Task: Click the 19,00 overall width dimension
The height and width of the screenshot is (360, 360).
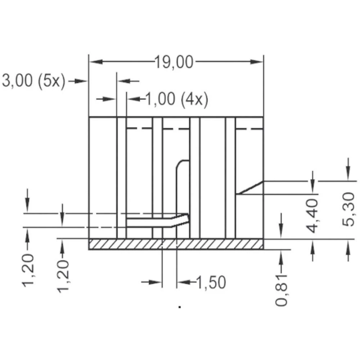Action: [x=174, y=62]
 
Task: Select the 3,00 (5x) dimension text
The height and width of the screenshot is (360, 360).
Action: [x=33, y=81]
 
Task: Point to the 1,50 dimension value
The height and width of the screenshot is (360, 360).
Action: [x=211, y=283]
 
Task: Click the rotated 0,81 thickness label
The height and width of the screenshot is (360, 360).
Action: [x=282, y=289]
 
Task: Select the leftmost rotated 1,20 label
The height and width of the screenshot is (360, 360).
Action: [x=28, y=270]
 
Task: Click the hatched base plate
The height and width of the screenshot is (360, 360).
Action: [x=176, y=244]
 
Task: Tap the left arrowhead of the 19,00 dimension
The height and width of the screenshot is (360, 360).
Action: [x=94, y=62]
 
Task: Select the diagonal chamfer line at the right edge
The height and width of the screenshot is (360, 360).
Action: [x=250, y=188]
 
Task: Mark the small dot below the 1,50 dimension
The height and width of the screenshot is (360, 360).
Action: [x=179, y=307]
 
